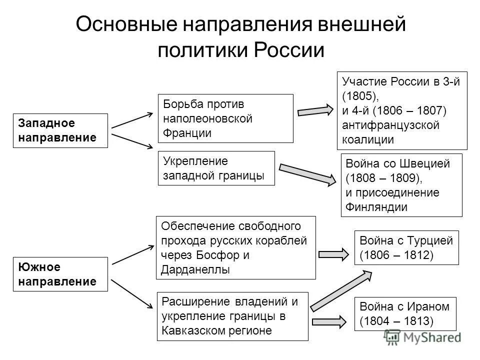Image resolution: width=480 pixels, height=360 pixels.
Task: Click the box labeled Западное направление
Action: point(60,130)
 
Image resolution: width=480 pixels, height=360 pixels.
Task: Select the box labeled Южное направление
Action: point(60,274)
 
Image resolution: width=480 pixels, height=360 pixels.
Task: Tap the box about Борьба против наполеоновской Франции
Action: point(225,119)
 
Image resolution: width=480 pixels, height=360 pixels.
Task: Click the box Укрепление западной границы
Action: point(216,168)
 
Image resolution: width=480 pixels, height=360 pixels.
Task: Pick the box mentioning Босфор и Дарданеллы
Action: point(236,247)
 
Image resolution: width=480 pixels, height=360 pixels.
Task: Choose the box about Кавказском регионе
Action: point(232,316)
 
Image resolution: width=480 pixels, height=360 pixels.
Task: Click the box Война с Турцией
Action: point(406,247)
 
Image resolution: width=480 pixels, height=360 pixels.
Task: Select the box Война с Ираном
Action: point(405,313)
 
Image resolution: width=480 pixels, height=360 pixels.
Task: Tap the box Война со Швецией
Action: point(401,185)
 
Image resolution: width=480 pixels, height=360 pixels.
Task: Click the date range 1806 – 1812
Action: point(396,255)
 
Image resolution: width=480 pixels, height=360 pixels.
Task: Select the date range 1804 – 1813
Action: point(396,320)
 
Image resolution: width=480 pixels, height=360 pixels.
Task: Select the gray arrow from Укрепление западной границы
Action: point(308,173)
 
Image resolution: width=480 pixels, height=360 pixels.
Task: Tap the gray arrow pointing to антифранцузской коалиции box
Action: point(315,110)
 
